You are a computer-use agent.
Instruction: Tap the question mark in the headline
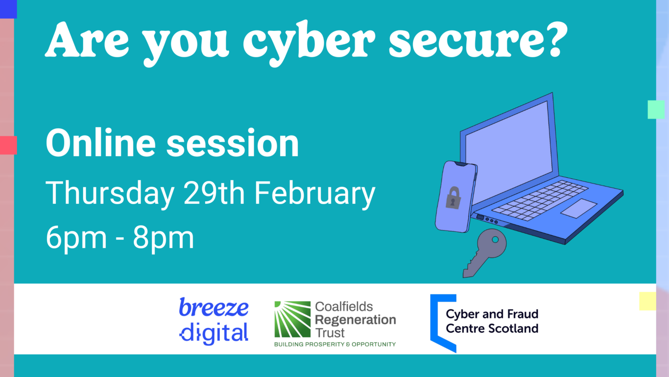pos(554,40)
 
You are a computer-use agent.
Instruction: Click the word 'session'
pos(232,144)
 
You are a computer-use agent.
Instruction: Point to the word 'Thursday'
pos(110,194)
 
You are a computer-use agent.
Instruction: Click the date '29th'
pos(214,193)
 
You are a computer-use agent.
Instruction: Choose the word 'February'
pos(315,194)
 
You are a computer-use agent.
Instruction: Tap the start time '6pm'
pos(76,238)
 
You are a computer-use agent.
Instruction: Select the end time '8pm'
pos(163,238)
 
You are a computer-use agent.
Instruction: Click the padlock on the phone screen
pos(453,198)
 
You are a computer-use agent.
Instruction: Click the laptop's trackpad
pos(578,208)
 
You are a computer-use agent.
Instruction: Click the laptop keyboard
pos(540,199)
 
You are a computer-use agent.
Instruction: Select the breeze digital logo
pos(214,320)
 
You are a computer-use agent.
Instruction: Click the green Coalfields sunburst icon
pos(292,319)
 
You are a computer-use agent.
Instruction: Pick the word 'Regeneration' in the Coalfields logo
pos(355,320)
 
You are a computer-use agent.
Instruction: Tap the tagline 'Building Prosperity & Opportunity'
pos(335,344)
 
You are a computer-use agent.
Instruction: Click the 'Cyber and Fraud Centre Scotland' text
pos(492,321)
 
